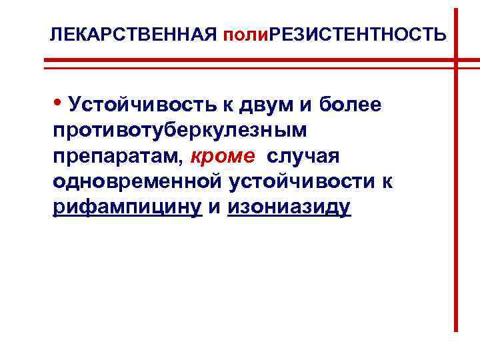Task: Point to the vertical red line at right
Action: pos(456,200)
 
